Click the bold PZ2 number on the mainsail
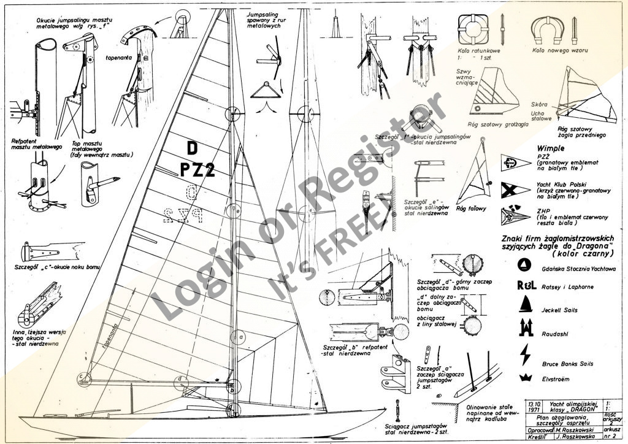197,170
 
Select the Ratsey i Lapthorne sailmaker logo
527,285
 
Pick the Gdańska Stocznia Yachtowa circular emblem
525,264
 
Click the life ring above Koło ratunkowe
476,27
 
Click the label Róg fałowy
471,209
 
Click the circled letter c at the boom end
81,375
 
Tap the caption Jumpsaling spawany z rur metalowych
264,20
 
